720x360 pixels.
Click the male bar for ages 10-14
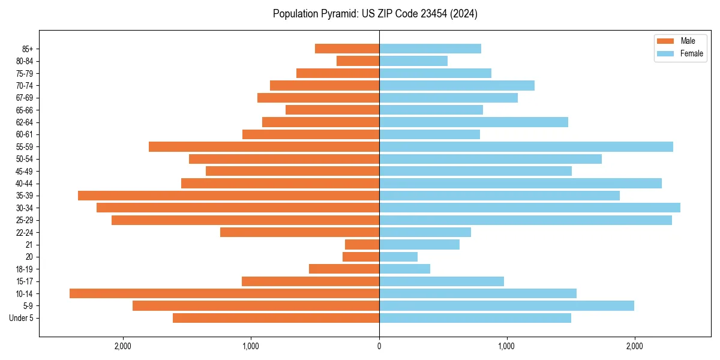[224, 293]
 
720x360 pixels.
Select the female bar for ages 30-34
[530, 208]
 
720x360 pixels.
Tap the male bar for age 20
[361, 257]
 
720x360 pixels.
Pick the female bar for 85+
[430, 49]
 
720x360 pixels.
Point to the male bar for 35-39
[229, 196]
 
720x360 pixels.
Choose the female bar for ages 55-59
[526, 146]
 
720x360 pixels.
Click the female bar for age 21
[419, 244]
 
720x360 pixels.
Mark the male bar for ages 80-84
[358, 61]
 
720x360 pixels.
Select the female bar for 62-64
[473, 122]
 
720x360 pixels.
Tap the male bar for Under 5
[276, 318]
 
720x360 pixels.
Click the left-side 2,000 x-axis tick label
[123, 346]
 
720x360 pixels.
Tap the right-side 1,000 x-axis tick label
[506, 346]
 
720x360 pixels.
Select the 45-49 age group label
[25, 171]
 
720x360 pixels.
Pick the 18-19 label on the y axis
[25, 269]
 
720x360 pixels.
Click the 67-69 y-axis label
[25, 98]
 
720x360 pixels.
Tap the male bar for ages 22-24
[299, 232]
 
